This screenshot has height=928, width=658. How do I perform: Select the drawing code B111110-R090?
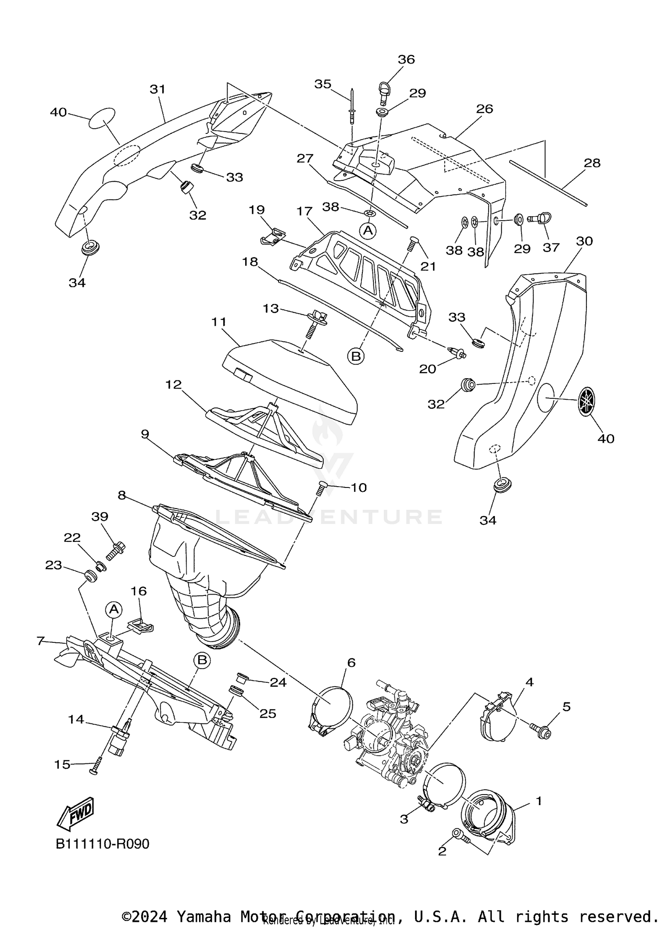point(102,844)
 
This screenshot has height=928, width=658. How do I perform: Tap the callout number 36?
point(406,59)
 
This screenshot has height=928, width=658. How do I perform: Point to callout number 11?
point(218,322)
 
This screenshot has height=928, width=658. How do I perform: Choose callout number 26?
point(485,109)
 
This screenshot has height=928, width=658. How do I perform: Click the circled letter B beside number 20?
point(356,356)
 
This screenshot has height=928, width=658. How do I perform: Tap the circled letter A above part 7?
point(114,609)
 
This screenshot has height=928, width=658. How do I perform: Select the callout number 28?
point(592,163)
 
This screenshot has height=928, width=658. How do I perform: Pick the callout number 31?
point(157,89)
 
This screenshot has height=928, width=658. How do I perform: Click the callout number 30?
point(584,241)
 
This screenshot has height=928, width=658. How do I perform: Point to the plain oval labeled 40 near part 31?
point(102,118)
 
